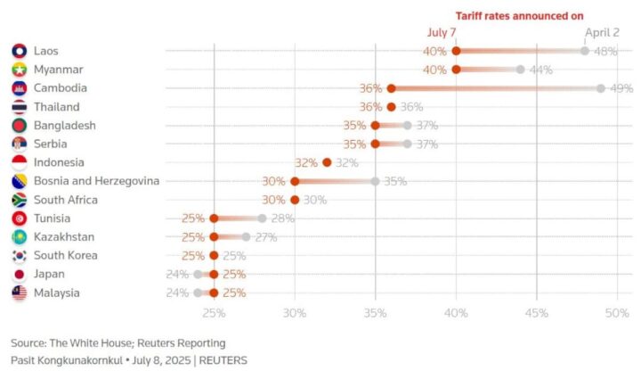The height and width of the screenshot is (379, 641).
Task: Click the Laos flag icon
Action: click(x=20, y=51)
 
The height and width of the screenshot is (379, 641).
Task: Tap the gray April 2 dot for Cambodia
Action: click(x=601, y=88)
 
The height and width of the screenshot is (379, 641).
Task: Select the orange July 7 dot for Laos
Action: click(x=456, y=51)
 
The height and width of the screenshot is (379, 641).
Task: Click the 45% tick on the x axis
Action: click(x=536, y=313)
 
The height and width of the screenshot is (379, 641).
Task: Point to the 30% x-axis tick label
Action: click(x=295, y=313)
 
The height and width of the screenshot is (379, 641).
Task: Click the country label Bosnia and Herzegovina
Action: click(x=97, y=181)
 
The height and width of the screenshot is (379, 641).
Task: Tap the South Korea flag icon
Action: click(x=20, y=256)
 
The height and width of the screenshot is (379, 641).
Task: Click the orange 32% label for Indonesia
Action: click(x=306, y=162)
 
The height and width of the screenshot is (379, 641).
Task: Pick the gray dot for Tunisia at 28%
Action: click(x=262, y=218)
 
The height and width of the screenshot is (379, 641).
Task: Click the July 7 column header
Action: click(x=442, y=33)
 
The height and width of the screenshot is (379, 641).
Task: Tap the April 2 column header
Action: click(x=602, y=33)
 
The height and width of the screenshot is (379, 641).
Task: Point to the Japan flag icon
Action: click(x=20, y=275)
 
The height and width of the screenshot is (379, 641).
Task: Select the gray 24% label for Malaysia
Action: click(x=178, y=293)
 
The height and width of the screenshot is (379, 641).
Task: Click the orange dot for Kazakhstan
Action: click(x=214, y=237)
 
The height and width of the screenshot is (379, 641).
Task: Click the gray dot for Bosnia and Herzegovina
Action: click(x=376, y=181)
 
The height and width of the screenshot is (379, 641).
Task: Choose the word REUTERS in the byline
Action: click(x=223, y=360)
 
